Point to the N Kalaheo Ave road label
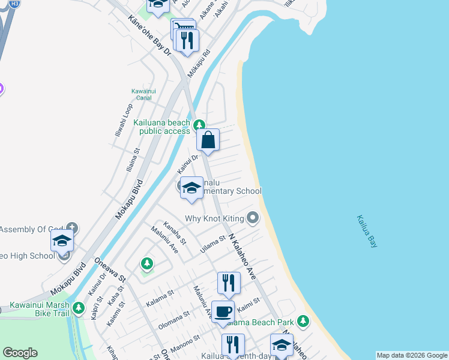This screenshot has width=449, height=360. tap(243, 256)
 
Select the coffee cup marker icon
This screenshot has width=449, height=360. tap(223, 312)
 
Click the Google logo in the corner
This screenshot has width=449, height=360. tap(20, 353)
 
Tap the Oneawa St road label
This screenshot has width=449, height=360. tap(109, 270)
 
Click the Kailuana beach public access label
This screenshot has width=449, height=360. tap(162, 127)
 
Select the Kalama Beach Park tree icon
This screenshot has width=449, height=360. tap(303, 321)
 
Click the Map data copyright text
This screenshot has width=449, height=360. tap(412, 355)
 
